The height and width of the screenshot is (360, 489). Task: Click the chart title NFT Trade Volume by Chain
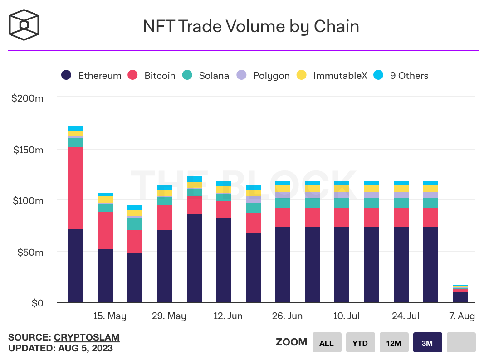tap(251, 26)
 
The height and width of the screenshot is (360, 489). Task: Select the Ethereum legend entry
tap(92, 76)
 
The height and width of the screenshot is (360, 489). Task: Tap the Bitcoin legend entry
tap(152, 76)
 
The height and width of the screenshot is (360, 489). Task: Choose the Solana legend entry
tap(206, 76)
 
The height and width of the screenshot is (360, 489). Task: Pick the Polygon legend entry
tap(264, 76)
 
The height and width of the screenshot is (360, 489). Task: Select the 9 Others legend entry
tap(401, 76)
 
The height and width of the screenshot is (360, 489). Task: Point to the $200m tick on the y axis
tap(27, 98)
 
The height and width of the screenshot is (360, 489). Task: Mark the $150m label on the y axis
tap(27, 150)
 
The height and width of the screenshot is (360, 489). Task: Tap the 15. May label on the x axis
tap(110, 316)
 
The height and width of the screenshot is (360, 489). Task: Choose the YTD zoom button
tap(360, 343)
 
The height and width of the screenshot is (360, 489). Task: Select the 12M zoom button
tap(394, 343)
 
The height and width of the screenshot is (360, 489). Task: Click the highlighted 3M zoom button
tap(427, 343)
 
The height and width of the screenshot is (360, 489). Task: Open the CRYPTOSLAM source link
tap(87, 337)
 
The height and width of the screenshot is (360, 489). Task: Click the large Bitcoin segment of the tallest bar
tap(76, 188)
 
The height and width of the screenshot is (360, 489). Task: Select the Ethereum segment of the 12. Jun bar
tap(224, 260)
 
